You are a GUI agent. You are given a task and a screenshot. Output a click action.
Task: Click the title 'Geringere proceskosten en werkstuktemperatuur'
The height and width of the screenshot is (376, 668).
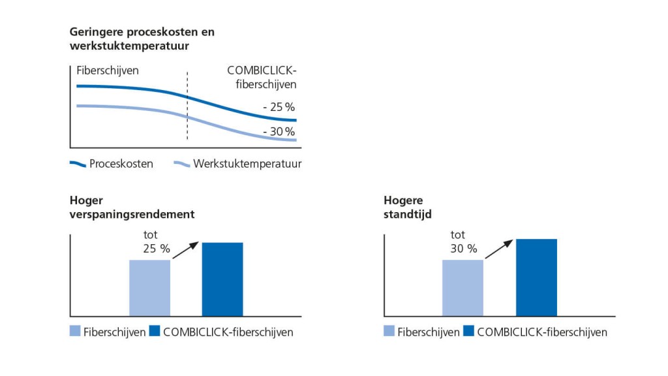[x=142, y=39]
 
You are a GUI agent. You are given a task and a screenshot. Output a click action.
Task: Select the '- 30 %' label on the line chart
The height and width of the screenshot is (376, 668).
[x=279, y=132]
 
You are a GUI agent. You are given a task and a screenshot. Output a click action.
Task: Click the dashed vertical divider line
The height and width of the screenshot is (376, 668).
[x=187, y=104]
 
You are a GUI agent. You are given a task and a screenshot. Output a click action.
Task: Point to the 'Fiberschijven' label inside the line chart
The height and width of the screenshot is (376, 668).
[x=108, y=70]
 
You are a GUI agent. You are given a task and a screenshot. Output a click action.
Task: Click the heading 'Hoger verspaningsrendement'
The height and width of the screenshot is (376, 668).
[x=132, y=207]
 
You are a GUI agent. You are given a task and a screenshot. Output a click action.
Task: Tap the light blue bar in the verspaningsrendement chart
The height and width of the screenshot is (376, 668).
[x=149, y=288]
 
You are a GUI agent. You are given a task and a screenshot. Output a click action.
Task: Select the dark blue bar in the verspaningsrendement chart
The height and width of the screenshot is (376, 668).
[x=222, y=279]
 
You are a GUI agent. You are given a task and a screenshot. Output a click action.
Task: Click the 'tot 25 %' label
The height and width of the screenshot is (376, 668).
[x=151, y=242]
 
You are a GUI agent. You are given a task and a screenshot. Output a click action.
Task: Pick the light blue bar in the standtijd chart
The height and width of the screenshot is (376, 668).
[x=463, y=288]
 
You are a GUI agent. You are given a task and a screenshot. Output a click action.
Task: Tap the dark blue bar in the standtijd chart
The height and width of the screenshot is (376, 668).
[x=536, y=277]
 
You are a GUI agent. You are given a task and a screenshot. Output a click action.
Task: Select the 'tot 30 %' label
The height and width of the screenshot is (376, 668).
[x=463, y=242]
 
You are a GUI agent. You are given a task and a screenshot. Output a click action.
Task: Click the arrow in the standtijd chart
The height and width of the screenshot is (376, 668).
[x=499, y=248]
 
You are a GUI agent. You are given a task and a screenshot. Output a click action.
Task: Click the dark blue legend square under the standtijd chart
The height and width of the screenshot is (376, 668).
[x=469, y=332]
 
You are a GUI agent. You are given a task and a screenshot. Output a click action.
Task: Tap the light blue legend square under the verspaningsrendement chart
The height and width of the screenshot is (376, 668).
[x=76, y=332]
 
